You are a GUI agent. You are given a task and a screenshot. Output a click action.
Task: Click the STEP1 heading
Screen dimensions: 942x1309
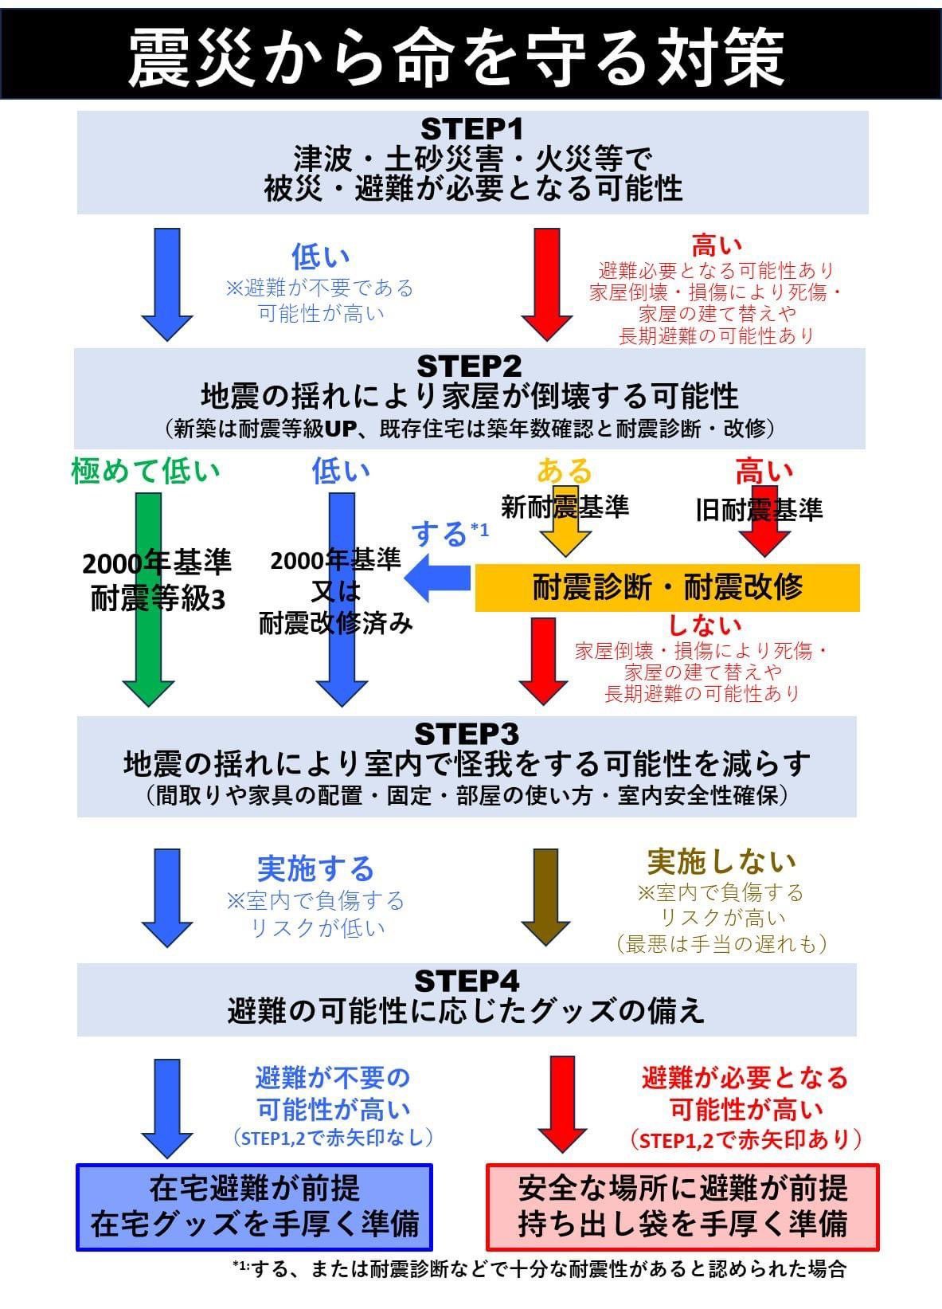pyautogui.click(x=471, y=129)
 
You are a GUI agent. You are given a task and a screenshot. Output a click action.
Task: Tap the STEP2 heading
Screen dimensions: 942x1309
pyautogui.click(x=469, y=366)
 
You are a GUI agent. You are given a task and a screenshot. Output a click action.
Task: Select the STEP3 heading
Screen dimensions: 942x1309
pyautogui.click(x=467, y=735)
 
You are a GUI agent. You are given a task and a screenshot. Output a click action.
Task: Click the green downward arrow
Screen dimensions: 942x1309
pyautogui.click(x=148, y=599)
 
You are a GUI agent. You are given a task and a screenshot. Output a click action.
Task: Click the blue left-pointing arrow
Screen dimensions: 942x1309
pyautogui.click(x=437, y=578)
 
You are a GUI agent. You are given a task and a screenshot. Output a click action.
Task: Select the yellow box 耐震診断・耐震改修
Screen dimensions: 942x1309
pyautogui.click(x=667, y=587)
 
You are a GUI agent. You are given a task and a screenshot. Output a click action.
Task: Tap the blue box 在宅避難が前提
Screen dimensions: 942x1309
pyautogui.click(x=254, y=1207)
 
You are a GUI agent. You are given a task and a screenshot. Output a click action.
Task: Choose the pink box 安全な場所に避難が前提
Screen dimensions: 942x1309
pyautogui.click(x=682, y=1207)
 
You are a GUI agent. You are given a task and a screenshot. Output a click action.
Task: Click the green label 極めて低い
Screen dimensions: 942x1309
pyautogui.click(x=146, y=471)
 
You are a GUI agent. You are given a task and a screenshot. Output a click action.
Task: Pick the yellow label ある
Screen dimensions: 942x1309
pyautogui.click(x=564, y=470)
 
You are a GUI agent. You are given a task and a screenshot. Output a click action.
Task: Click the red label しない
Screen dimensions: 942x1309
pyautogui.click(x=704, y=625)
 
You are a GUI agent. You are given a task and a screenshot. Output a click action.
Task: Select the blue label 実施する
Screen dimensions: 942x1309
pyautogui.click(x=315, y=868)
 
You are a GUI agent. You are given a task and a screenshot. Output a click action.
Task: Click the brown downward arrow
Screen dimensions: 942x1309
pyautogui.click(x=545, y=897)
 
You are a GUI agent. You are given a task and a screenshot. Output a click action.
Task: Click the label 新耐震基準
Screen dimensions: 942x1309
pyautogui.click(x=565, y=507)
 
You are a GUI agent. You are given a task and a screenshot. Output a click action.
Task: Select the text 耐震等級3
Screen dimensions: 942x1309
pyautogui.click(x=158, y=599)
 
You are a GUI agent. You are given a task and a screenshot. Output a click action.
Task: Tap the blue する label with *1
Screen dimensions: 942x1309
pyautogui.click(x=450, y=533)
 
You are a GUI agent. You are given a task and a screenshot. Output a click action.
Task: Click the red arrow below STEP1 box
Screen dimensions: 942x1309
pyautogui.click(x=546, y=284)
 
